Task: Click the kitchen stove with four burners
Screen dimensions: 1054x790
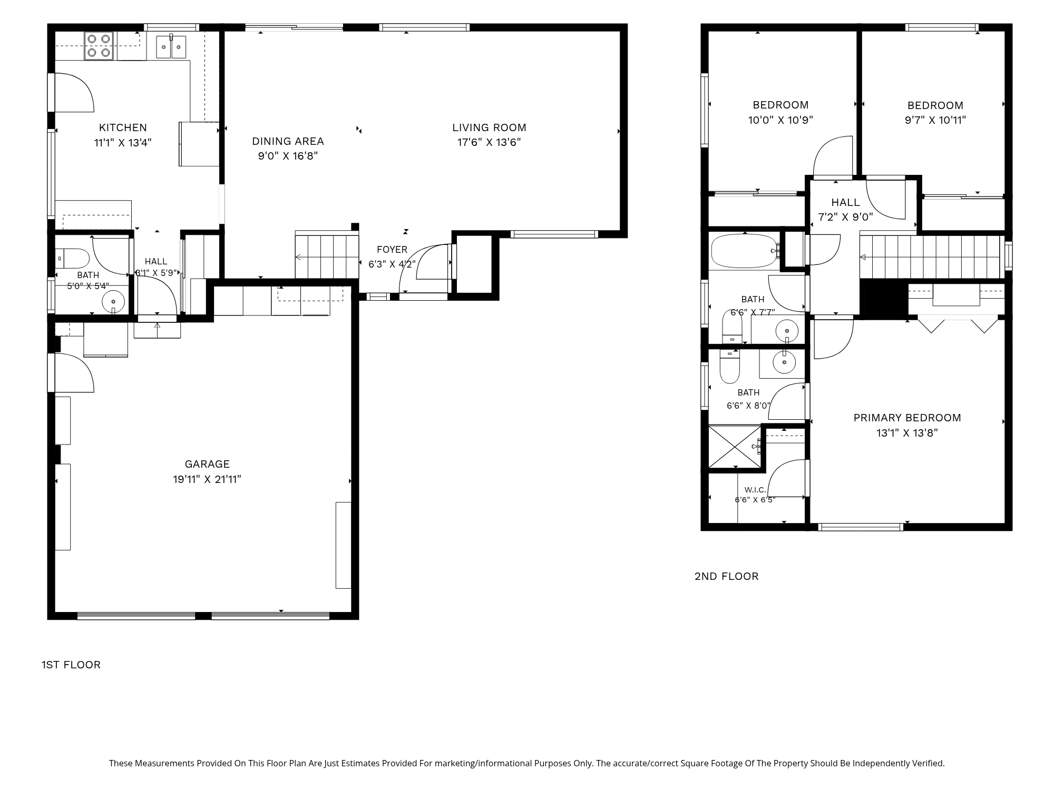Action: pyautogui.click(x=100, y=45)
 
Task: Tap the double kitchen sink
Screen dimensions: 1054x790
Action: pyautogui.click(x=171, y=47)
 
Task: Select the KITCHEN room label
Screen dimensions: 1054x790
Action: pyautogui.click(x=123, y=127)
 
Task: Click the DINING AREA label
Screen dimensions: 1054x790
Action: pyautogui.click(x=288, y=141)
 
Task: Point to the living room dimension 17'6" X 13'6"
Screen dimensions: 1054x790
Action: pyautogui.click(x=489, y=142)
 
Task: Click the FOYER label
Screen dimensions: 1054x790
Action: pyautogui.click(x=392, y=250)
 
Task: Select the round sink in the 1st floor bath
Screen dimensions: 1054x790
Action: pyautogui.click(x=113, y=302)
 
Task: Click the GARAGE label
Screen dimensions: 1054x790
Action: pyautogui.click(x=207, y=464)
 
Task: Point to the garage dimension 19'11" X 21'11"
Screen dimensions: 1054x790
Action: pyautogui.click(x=207, y=479)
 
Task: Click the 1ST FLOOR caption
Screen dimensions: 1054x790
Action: pyautogui.click(x=71, y=665)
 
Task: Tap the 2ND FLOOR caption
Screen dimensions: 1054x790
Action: pyautogui.click(x=727, y=576)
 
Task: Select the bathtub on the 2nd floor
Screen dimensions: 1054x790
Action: pyautogui.click(x=745, y=251)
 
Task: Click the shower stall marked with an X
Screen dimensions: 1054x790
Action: pyautogui.click(x=735, y=447)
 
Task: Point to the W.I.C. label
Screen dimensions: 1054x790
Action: pyautogui.click(x=755, y=490)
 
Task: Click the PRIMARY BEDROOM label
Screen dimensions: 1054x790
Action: pyautogui.click(x=907, y=418)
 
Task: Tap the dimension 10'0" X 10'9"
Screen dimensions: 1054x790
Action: pyautogui.click(x=780, y=120)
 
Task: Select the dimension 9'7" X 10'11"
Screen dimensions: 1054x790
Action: pyautogui.click(x=935, y=120)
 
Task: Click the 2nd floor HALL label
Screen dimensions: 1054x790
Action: pyautogui.click(x=845, y=202)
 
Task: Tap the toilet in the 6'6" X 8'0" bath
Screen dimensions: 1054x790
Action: pyautogui.click(x=730, y=367)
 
